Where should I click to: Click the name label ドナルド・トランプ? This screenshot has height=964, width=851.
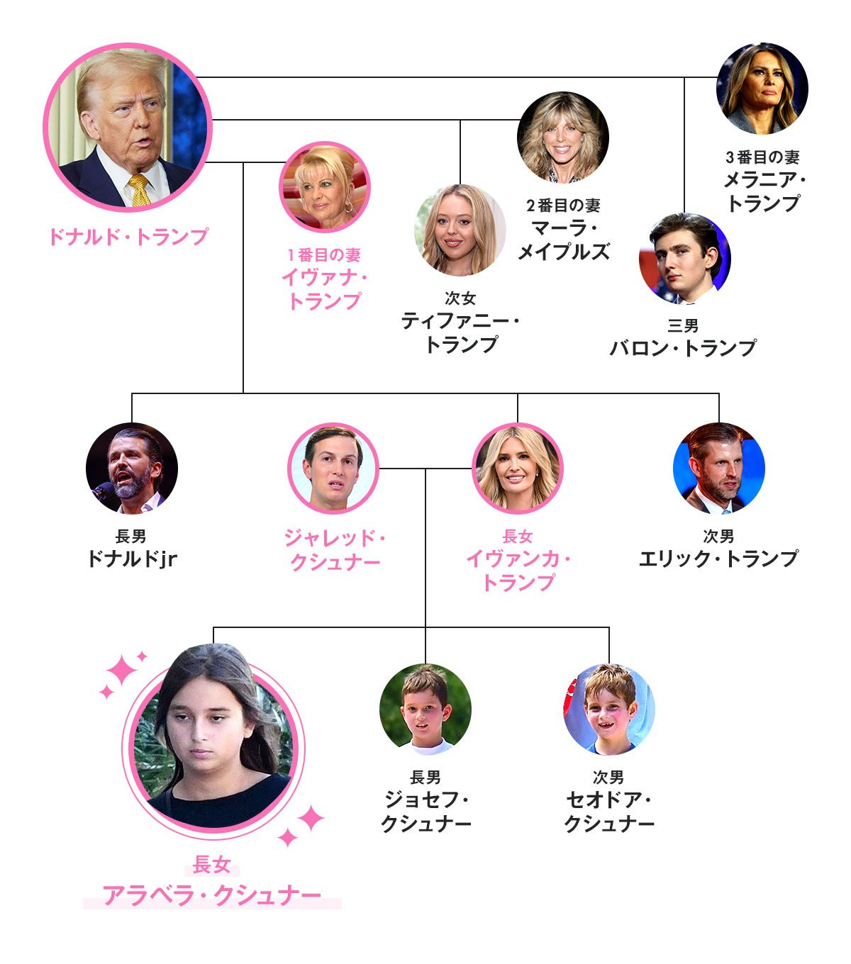[128, 237]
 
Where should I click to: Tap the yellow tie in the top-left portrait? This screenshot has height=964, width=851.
[138, 190]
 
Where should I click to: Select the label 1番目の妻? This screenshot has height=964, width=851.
[324, 255]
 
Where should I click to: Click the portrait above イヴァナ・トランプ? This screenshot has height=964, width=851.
[325, 187]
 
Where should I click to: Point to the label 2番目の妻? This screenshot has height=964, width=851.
[563, 206]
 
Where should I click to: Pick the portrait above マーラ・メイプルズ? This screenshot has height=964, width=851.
[563, 138]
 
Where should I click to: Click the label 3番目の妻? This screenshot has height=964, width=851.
[762, 157]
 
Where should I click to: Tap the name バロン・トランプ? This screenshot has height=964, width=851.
[683, 349]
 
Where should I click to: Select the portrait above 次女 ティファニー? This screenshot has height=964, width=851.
[460, 230]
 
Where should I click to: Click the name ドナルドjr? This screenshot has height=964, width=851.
[133, 559]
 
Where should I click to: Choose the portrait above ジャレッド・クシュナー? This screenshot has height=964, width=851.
[333, 469]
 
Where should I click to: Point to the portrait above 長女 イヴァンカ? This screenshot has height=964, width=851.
[518, 469]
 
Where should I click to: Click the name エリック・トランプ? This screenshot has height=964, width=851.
[718, 559]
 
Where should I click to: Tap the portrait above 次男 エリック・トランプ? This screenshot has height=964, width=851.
[718, 469]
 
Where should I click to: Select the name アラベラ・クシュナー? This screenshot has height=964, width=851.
[212, 895]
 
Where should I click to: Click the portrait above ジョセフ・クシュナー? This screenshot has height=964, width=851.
[425, 710]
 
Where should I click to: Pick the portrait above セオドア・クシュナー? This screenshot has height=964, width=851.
[609, 710]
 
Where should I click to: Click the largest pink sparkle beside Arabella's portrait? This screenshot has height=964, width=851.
[121, 671]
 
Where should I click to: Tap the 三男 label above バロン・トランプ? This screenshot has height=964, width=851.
[683, 326]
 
